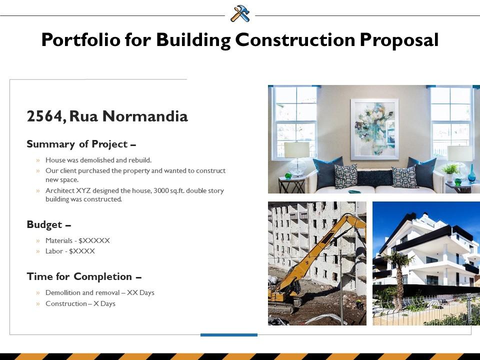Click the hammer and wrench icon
(240, 14)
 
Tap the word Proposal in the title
(399, 40)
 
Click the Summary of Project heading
(81, 144)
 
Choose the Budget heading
(49, 224)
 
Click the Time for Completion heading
(84, 276)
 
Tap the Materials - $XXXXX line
(77, 240)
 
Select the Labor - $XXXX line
(70, 251)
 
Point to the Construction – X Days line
(80, 303)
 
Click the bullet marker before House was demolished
(38, 160)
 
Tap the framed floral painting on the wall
(374, 129)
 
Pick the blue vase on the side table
(471, 174)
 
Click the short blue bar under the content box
(229, 335)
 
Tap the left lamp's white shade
(296, 150)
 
